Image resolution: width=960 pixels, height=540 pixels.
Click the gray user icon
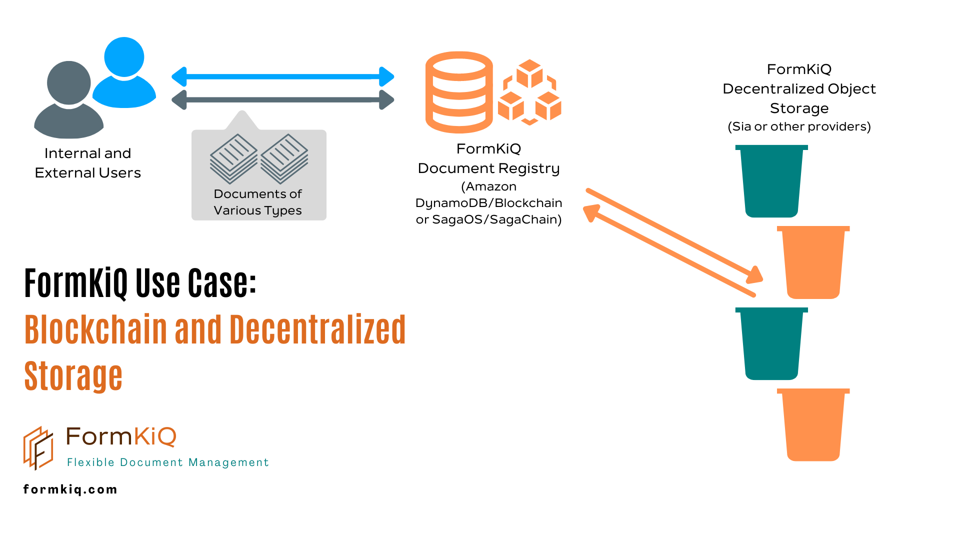click(69, 102)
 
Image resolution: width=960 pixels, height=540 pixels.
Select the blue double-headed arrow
click(282, 77)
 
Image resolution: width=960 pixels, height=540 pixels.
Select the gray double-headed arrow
click(282, 100)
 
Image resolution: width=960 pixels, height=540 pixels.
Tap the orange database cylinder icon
click(459, 92)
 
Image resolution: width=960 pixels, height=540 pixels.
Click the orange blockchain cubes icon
click(529, 92)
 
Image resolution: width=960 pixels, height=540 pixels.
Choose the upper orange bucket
click(813, 262)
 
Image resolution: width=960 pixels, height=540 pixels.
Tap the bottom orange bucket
click(813, 425)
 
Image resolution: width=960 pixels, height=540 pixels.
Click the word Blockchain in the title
click(95, 330)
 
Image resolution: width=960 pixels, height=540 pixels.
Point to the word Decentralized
click(317, 330)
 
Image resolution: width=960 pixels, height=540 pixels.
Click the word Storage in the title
click(73, 376)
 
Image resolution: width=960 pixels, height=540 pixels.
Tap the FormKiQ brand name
click(121, 436)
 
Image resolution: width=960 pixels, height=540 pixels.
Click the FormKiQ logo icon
click(38, 447)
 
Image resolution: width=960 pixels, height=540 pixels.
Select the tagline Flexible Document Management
click(168, 462)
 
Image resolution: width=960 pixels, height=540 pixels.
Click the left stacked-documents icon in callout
click(233, 158)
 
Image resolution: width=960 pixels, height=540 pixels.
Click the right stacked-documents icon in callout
click(284, 158)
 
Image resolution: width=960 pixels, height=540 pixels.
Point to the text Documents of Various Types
click(258, 202)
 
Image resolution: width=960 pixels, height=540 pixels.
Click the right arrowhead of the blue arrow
click(386, 77)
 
